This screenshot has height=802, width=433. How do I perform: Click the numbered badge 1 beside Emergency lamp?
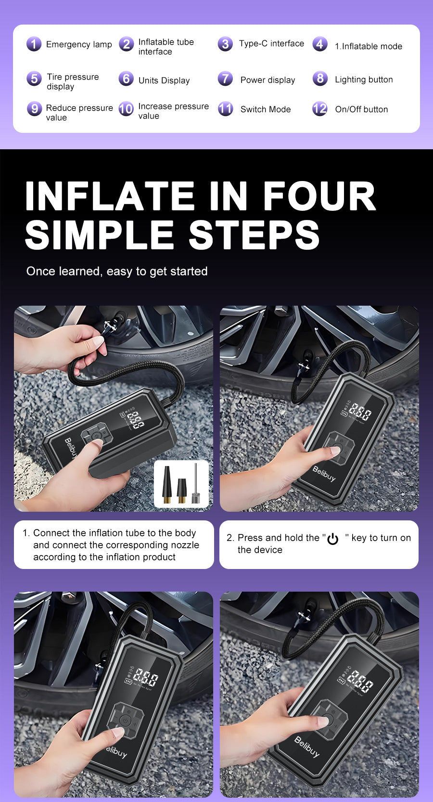click(x=34, y=44)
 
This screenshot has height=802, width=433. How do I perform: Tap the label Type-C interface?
click(x=271, y=43)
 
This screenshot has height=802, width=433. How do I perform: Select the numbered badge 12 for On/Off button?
click(x=320, y=109)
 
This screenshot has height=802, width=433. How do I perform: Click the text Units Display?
click(x=164, y=80)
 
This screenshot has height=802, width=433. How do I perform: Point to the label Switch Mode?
click(x=266, y=109)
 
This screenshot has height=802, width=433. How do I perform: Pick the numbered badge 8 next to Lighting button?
click(x=320, y=78)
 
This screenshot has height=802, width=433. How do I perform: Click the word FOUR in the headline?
click(x=319, y=196)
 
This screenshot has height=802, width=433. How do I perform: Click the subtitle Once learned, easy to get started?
click(x=117, y=271)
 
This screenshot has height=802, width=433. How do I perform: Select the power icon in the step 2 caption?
click(x=333, y=539)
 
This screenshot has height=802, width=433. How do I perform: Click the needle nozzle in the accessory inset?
click(x=196, y=484)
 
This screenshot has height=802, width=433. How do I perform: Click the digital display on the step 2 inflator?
click(x=359, y=412)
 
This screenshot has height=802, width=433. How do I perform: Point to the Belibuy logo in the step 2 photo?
click(x=324, y=474)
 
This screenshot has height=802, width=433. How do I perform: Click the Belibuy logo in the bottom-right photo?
click(x=306, y=746)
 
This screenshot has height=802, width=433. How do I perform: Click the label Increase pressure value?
click(x=173, y=111)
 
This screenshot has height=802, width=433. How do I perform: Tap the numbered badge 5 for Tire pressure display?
click(x=34, y=78)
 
